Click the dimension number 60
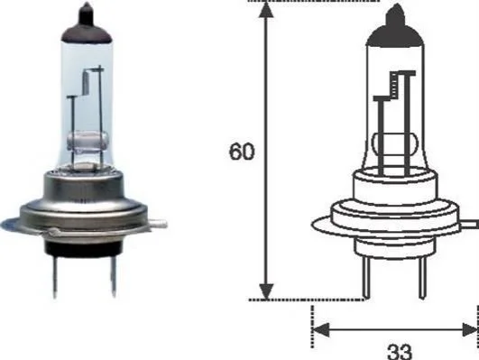pyautogui.click(x=242, y=152)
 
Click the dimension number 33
pyautogui.click(x=400, y=352)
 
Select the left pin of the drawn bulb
pyautogui.click(x=365, y=277)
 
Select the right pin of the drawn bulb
pyautogui.click(x=422, y=277)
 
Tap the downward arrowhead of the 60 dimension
pyautogui.click(x=267, y=291)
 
